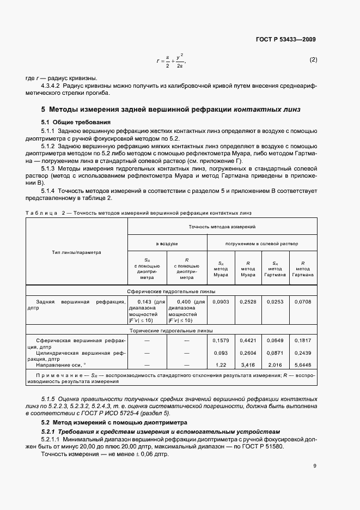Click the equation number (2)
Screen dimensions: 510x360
(313, 59)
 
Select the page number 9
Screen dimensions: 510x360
(315, 465)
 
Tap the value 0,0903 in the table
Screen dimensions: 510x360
(221, 301)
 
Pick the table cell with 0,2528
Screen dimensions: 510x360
(248, 301)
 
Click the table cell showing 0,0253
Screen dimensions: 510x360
(275, 301)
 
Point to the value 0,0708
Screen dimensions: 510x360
(303, 301)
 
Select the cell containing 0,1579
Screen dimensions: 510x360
(221, 341)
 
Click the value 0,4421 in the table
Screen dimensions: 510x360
(248, 341)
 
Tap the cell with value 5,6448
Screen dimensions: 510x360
(303, 365)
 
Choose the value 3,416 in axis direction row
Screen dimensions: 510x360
(248, 365)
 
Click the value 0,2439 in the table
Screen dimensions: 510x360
(303, 353)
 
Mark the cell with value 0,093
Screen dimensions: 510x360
(221, 353)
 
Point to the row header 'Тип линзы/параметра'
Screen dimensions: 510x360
(77, 252)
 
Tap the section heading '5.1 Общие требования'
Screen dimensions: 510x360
(76, 122)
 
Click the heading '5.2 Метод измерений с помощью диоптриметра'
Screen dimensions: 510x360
(114, 422)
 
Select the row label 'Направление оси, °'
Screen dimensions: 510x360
(62, 365)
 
